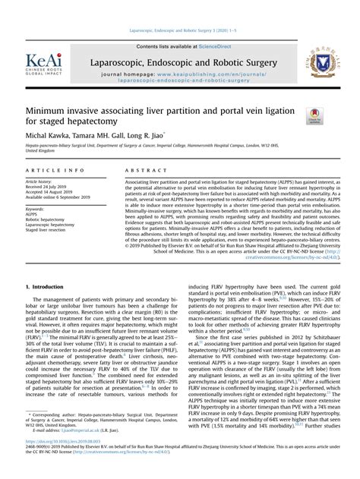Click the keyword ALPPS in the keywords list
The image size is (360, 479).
coord(32,214)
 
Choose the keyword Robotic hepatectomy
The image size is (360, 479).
coord(48,219)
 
